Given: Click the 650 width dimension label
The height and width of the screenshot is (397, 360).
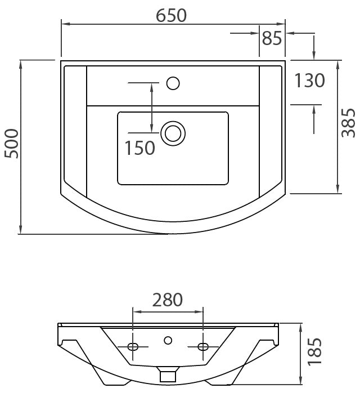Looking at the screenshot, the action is (x=171, y=15).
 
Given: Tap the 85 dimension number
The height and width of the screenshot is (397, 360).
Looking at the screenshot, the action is (x=272, y=38).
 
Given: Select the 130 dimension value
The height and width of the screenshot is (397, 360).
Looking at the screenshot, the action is (x=309, y=81).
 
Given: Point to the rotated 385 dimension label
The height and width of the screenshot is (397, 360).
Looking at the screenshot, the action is (x=348, y=123).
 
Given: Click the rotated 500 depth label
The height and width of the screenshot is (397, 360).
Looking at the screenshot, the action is (x=12, y=144).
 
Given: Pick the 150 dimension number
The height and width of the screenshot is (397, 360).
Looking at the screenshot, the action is (x=140, y=148).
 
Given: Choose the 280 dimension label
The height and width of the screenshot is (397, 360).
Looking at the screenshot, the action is (x=168, y=300).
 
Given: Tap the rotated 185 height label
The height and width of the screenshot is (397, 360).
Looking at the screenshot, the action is (x=314, y=352).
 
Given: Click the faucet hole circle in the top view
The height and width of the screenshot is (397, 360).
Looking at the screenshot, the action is (x=173, y=83).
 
